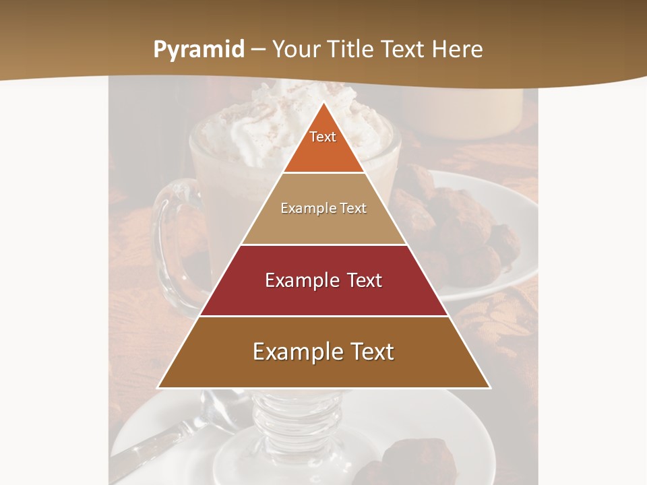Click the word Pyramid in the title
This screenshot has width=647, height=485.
(x=199, y=50)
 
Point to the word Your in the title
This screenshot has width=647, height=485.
(x=299, y=49)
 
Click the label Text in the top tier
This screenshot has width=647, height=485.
(x=323, y=137)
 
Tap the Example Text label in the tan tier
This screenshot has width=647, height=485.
(x=323, y=208)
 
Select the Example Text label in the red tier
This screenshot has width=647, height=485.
(x=323, y=280)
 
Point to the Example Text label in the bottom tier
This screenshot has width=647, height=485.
(x=323, y=352)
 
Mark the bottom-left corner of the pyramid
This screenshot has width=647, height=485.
(x=158, y=387)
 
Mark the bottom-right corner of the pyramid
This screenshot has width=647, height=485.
(x=490, y=387)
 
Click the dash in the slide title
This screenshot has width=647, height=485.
(x=258, y=50)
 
